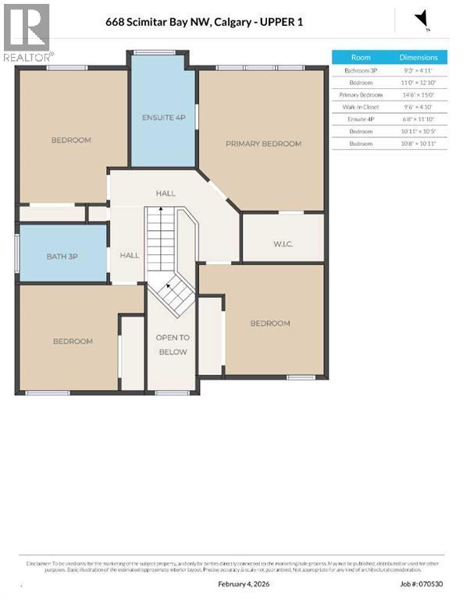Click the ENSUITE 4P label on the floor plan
pos(163,118)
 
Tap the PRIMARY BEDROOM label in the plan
pos(263,144)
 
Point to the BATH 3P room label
pos(62,255)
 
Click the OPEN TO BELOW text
pos(172,345)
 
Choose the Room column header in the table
pos(361,58)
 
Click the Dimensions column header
pos(418,58)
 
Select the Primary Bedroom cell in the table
pos(361,94)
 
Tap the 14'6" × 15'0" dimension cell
pos(418,94)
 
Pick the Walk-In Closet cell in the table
pos(361,107)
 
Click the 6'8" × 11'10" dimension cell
pos(418,119)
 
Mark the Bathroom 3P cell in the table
pos(361,69)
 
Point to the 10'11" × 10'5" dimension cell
pos(418,131)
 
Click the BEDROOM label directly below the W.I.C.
pos(269,323)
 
